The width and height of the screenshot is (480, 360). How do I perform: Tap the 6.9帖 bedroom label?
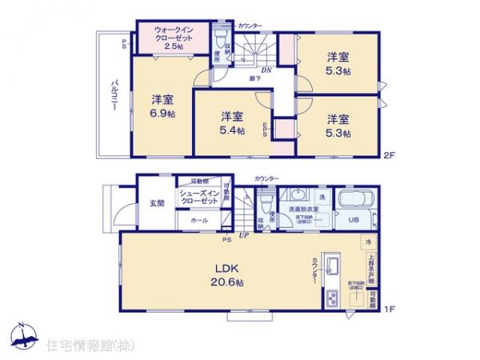(164, 106)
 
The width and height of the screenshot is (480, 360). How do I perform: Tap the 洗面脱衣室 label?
(303, 210)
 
